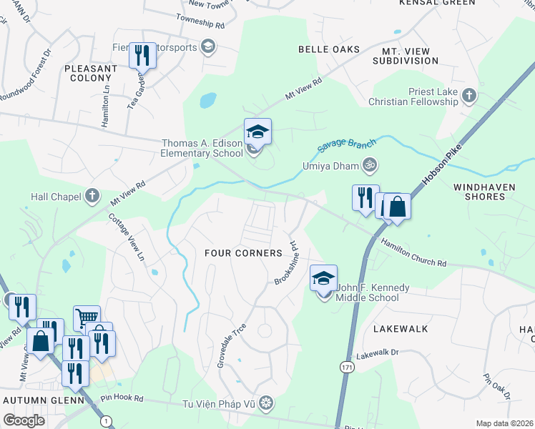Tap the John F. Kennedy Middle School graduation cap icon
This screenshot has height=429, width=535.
pyautogui.click(x=323, y=277)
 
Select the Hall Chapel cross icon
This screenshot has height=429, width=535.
pyautogui.click(x=92, y=195)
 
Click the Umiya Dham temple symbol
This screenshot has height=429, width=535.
pyautogui.click(x=370, y=166)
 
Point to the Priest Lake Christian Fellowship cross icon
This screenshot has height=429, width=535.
pyautogui.click(x=468, y=96)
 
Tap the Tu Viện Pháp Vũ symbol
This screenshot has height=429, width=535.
pyautogui.click(x=266, y=404)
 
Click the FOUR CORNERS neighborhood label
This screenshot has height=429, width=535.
pyautogui.click(x=243, y=253)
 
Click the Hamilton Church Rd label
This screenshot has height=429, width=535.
pyautogui.click(x=413, y=253)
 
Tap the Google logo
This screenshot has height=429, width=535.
pyautogui.click(x=24, y=420)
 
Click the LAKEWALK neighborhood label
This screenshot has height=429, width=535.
pyautogui.click(x=401, y=329)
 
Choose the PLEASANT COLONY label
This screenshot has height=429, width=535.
pyautogui.click(x=90, y=73)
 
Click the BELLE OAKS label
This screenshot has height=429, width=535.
pyautogui.click(x=329, y=49)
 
